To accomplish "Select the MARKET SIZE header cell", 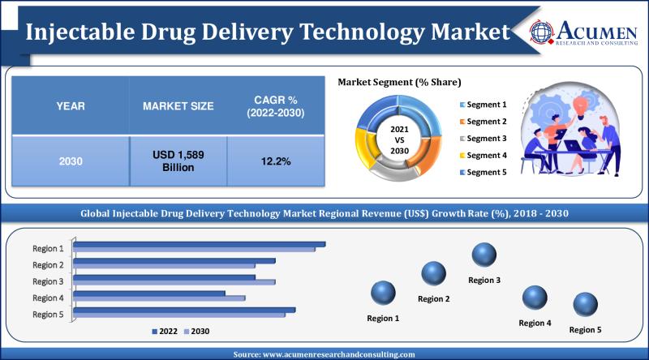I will (x=178, y=105).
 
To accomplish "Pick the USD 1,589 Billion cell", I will (x=178, y=161).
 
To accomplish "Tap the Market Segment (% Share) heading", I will (x=399, y=82).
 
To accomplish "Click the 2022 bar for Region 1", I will (x=200, y=244).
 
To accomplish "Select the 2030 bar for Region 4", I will (x=160, y=298).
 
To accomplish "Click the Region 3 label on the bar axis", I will (x=48, y=281).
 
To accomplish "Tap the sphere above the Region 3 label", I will (x=484, y=255).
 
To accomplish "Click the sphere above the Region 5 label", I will (x=585, y=306).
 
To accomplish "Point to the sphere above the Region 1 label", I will (x=383, y=293).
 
